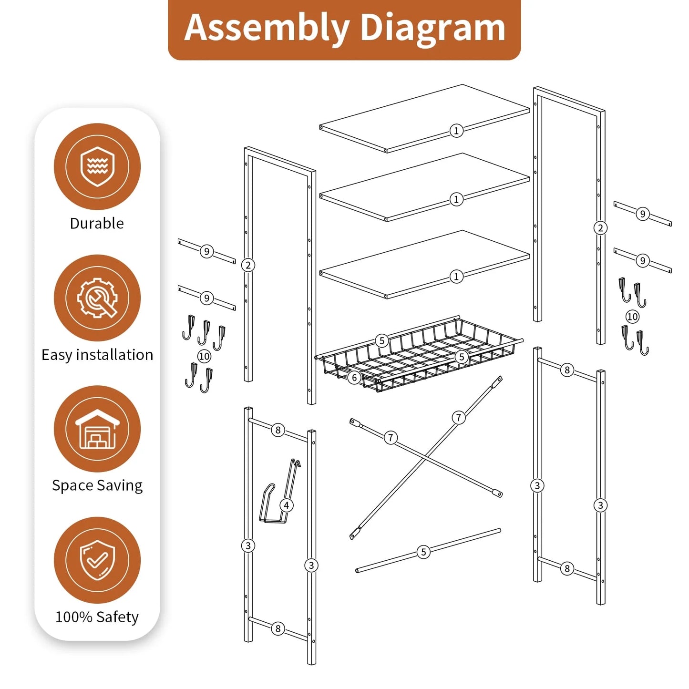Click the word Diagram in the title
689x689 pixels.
click(432, 29)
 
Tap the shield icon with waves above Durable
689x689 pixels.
click(97, 166)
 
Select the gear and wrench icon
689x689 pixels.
click(97, 298)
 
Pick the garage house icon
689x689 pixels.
click(97, 429)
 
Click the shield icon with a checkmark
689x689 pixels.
click(97, 560)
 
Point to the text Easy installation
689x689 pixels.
click(97, 355)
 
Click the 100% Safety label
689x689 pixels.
click(97, 617)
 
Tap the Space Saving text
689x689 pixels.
click(97, 485)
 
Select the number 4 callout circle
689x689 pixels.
click(286, 505)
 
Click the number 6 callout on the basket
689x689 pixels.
click(354, 378)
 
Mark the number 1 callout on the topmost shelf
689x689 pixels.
click(456, 131)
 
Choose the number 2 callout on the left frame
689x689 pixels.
click(248, 265)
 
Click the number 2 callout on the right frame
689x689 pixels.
click(600, 228)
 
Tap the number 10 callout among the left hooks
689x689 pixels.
click(204, 356)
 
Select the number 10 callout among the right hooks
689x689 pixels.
click(632, 317)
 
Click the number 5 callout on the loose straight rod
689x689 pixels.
click(423, 552)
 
